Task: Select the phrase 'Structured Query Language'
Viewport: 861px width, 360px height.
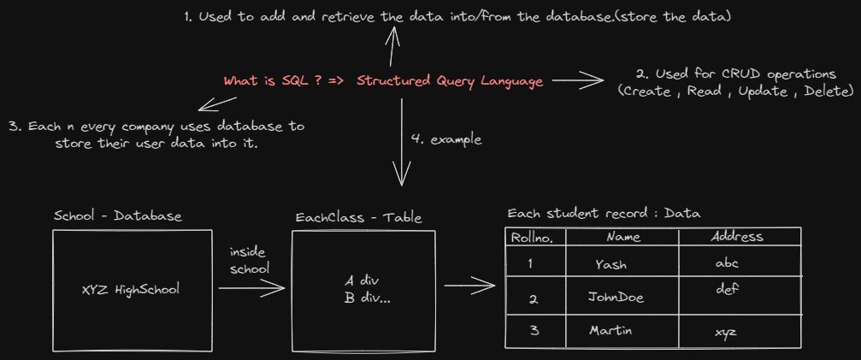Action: (449, 81)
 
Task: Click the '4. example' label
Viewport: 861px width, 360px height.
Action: (446, 139)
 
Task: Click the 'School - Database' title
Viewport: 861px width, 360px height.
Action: (116, 217)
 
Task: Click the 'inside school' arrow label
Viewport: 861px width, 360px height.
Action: (250, 261)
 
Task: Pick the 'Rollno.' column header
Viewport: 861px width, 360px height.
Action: (532, 237)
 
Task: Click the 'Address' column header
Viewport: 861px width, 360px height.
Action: (737, 236)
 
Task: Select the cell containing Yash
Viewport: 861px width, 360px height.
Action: (610, 264)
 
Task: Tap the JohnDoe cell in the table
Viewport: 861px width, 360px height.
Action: (616, 298)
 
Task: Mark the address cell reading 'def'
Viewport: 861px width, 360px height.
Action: (726, 289)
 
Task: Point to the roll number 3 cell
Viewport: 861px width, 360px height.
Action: (534, 330)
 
